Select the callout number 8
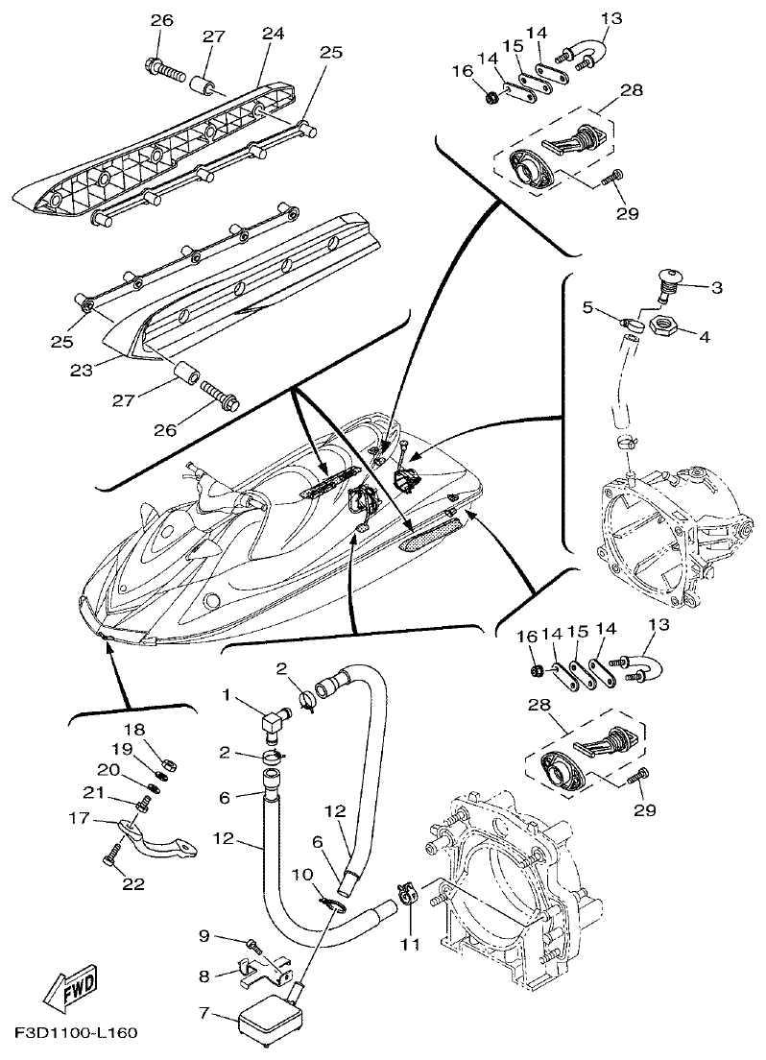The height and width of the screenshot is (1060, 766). tap(203, 976)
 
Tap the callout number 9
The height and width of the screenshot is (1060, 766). tap(203, 936)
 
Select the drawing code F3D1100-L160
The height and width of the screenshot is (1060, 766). tap(76, 1034)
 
